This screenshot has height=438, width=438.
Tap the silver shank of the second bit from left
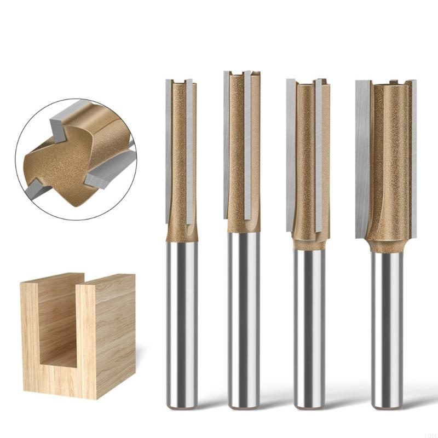[244, 318]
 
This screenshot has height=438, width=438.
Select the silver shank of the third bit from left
[309, 328]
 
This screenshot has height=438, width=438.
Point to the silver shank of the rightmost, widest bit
[388, 328]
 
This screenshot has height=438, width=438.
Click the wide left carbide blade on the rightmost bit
[362, 159]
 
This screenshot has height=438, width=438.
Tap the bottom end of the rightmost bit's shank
[388, 405]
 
